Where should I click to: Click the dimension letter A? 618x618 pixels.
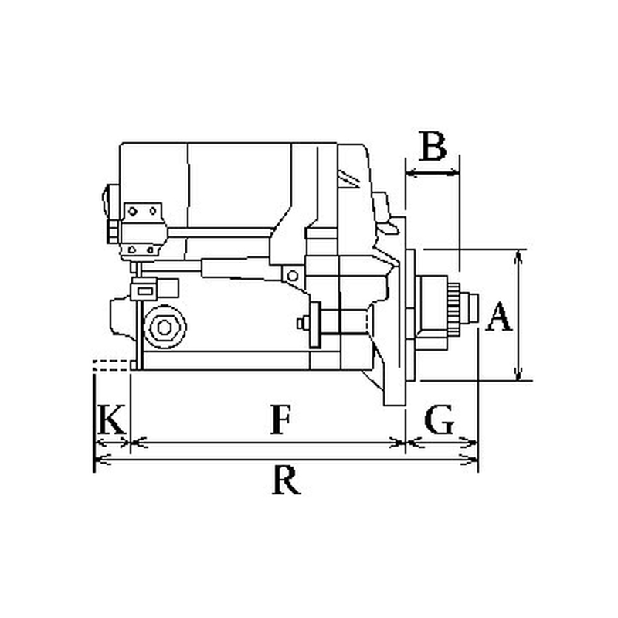(x=499, y=317)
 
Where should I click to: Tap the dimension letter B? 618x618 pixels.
(x=433, y=146)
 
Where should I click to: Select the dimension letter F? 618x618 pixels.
(x=281, y=419)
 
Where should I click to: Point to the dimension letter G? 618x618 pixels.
(x=439, y=419)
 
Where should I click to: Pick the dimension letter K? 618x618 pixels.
(x=111, y=419)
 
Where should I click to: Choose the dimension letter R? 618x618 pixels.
(x=287, y=480)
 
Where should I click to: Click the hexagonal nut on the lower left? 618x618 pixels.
(x=165, y=327)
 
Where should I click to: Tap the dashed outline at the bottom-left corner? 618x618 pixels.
(x=111, y=365)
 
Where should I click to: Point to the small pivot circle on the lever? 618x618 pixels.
(x=293, y=276)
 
